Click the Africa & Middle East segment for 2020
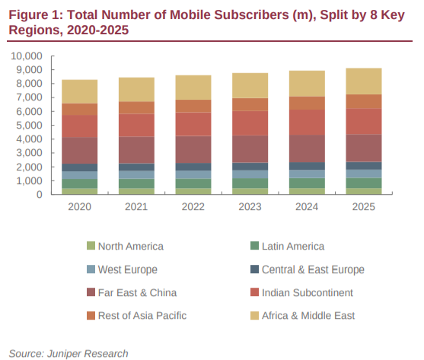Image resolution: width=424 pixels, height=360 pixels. tap(79, 91)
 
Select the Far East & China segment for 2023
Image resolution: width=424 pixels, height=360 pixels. tap(250, 149)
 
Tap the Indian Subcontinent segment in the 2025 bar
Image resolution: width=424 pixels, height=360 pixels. tap(364, 121)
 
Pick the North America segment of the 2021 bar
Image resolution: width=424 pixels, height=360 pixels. tap(136, 191)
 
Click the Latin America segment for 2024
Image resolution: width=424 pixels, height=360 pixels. tap(307, 183)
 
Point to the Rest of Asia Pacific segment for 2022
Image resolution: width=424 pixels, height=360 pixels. tap(193, 106)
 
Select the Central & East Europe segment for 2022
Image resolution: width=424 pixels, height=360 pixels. tap(193, 167)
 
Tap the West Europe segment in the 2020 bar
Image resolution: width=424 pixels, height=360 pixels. tap(79, 175)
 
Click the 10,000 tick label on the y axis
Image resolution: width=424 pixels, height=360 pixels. tap(27, 56)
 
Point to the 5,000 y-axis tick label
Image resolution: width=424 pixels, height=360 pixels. tap(29, 125)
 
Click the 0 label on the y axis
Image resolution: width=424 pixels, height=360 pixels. tap(40, 195)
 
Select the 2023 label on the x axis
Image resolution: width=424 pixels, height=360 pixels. tap(250, 207)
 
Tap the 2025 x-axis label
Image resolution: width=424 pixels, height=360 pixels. tap(363, 207)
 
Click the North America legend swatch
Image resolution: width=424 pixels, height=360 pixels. tap(91, 246)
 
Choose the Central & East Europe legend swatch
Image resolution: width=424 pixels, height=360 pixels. tap(254, 269)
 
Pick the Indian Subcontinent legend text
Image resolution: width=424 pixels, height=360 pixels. tap(308, 293)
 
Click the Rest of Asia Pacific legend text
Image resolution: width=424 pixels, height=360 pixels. tap(142, 316)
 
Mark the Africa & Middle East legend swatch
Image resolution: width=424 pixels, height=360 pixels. tap(254, 316)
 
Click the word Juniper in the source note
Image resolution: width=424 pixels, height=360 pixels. tap(65, 354)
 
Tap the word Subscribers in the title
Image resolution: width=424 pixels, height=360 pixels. tap(251, 15)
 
